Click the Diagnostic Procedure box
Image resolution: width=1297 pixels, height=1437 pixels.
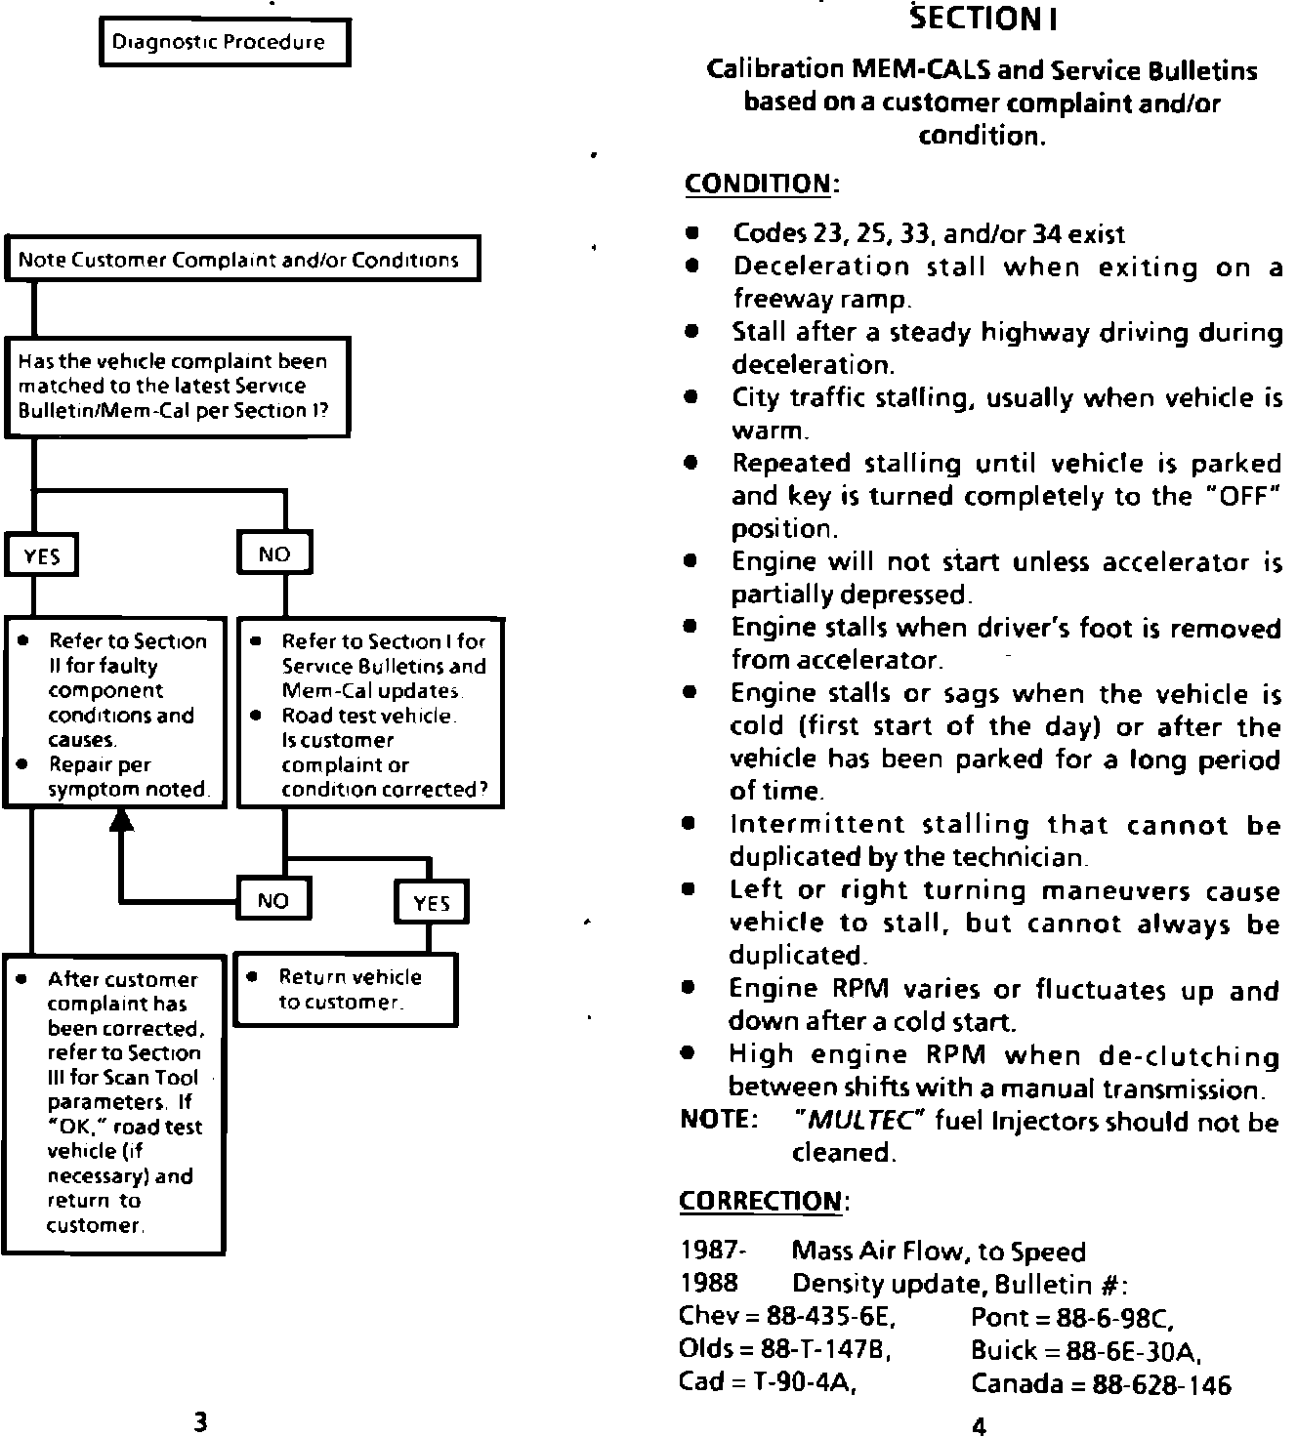(225, 43)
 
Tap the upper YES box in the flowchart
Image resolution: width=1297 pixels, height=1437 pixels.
(42, 555)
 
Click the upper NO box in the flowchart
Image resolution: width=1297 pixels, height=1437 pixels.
(274, 554)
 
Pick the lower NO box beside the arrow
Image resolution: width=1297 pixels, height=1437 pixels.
(273, 899)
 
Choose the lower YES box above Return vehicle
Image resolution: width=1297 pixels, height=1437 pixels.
(432, 902)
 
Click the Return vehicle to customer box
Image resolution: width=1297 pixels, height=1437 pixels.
(346, 990)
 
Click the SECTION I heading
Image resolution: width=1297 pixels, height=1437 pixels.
(983, 19)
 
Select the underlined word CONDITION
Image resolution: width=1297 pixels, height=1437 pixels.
(758, 184)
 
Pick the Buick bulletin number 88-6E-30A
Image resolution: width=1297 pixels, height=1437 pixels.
(1129, 1350)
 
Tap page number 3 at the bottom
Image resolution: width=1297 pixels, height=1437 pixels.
(200, 1421)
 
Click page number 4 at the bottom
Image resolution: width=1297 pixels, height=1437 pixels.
(980, 1425)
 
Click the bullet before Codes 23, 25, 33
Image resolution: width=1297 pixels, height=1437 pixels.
(691, 234)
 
